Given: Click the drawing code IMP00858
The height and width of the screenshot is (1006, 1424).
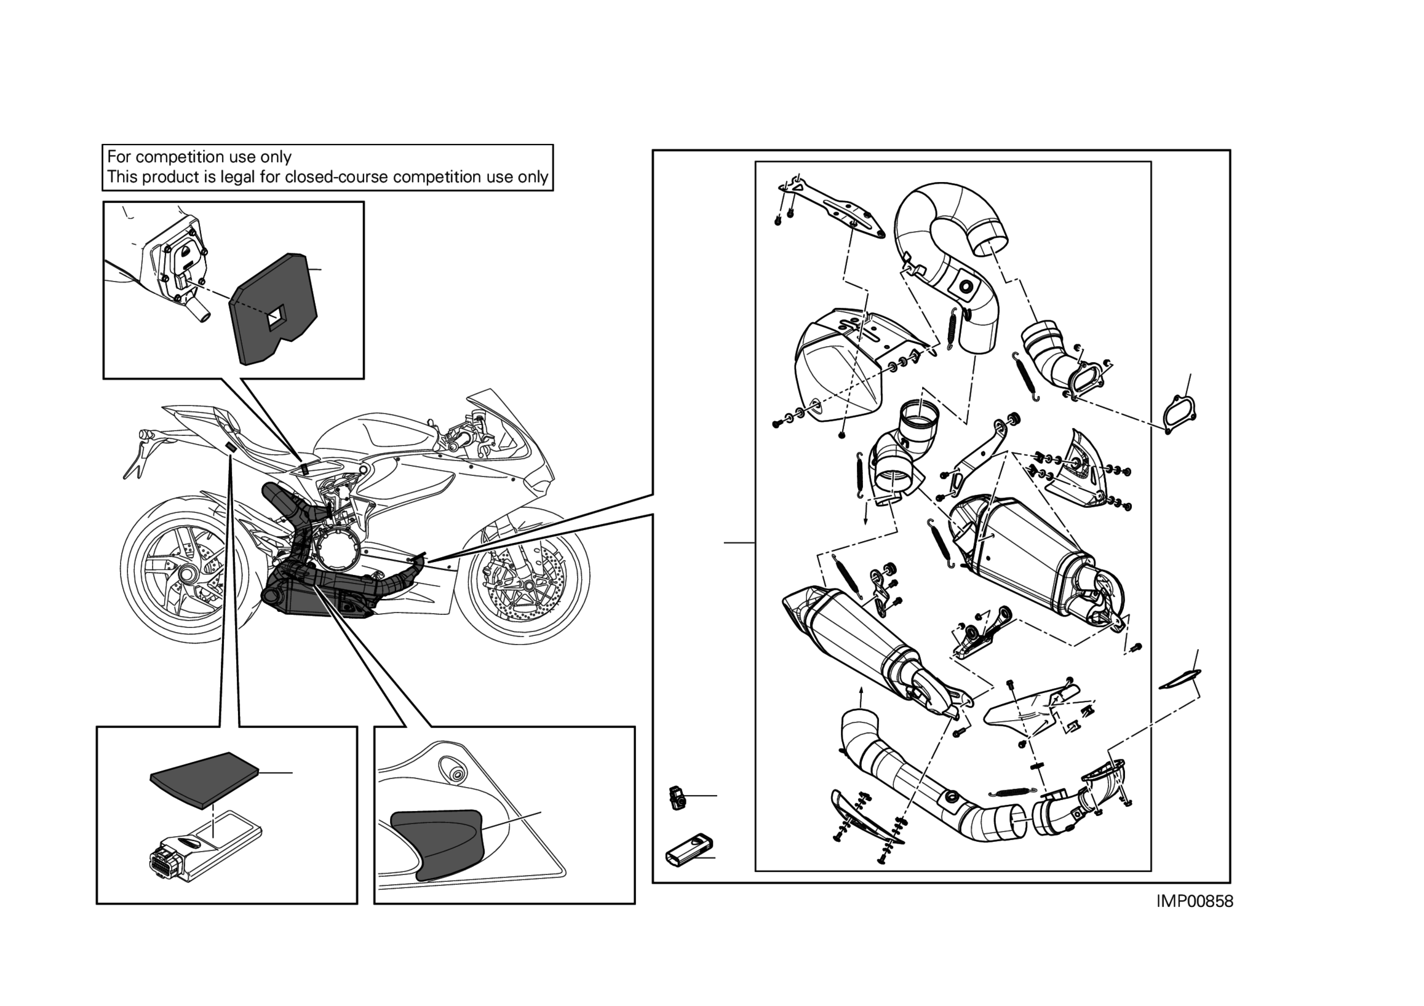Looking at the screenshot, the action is (1195, 901).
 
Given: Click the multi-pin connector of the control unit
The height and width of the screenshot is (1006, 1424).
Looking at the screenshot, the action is (165, 861).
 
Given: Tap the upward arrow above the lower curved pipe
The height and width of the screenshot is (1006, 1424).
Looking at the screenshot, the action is (860, 698).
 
